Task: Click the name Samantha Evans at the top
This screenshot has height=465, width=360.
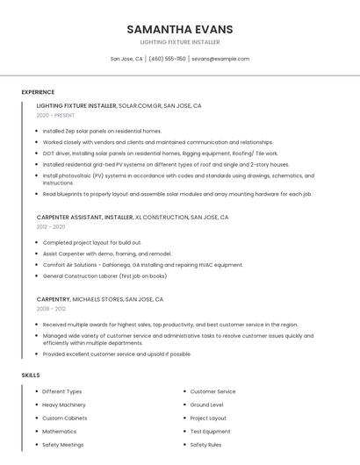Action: click(179, 29)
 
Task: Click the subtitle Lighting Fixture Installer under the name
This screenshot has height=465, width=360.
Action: click(179, 42)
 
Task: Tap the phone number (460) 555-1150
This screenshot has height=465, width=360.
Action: click(167, 59)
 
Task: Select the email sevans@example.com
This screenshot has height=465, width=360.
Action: click(220, 59)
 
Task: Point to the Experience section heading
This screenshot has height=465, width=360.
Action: click(38, 92)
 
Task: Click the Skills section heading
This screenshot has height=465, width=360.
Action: click(31, 375)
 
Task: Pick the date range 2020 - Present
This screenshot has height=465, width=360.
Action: click(56, 115)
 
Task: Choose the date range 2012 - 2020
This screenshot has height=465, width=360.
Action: click(51, 226)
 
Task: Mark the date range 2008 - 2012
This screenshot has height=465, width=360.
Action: click(51, 309)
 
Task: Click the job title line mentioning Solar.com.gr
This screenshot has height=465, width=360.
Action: click(119, 105)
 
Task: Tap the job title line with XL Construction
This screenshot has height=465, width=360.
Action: click(133, 217)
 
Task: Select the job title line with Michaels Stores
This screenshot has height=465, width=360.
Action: click(101, 299)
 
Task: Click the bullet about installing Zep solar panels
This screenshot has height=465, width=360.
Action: click(102, 131)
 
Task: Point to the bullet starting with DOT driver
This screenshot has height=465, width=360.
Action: click(160, 153)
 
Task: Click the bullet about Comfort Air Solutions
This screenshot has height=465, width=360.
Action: click(142, 265)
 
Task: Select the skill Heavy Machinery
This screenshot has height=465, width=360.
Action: click(64, 404)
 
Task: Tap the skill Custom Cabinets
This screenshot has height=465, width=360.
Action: click(64, 418)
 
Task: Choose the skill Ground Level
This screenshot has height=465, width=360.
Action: click(207, 404)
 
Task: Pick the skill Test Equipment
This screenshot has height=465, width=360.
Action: click(211, 432)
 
